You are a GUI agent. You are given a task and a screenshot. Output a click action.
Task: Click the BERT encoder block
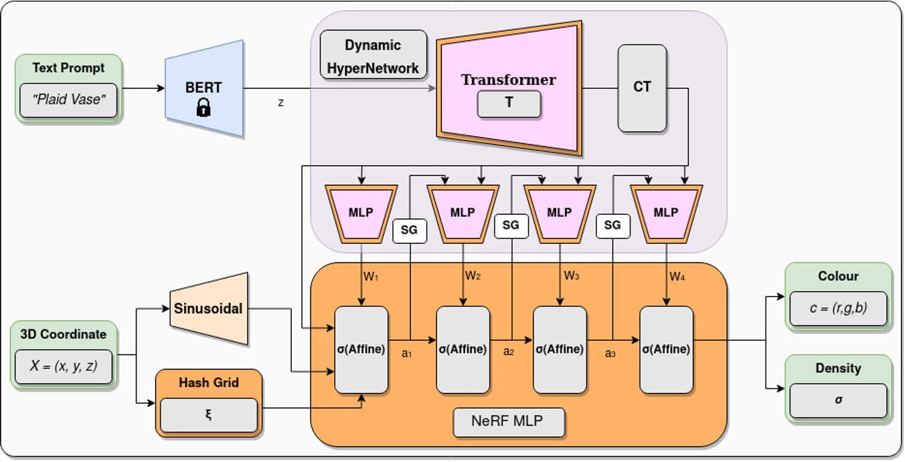[203, 88]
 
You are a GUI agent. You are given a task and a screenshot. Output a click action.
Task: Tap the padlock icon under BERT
[203, 107]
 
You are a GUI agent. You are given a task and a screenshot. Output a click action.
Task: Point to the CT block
[642, 88]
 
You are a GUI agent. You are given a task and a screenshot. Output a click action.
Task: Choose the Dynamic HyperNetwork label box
[373, 56]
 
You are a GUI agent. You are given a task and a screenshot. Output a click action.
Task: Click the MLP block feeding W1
[361, 212]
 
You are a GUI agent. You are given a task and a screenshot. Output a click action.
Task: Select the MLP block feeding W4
[666, 212]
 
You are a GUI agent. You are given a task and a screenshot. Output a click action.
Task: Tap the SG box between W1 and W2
[409, 230]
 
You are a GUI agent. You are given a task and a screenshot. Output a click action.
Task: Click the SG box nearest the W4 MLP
[612, 226]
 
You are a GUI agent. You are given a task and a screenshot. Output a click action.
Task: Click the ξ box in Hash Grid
[209, 415]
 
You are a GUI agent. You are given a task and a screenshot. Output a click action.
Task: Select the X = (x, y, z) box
[64, 366]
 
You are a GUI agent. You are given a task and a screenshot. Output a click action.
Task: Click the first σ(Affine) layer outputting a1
[361, 350]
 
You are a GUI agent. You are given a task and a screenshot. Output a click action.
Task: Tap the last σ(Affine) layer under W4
[666, 350]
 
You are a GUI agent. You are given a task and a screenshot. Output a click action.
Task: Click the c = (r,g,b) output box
[838, 309]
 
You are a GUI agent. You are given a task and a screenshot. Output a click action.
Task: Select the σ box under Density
[838, 400]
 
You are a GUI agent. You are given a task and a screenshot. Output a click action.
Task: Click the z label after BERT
[280, 102]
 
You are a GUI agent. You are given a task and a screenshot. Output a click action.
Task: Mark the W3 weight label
[571, 276]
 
